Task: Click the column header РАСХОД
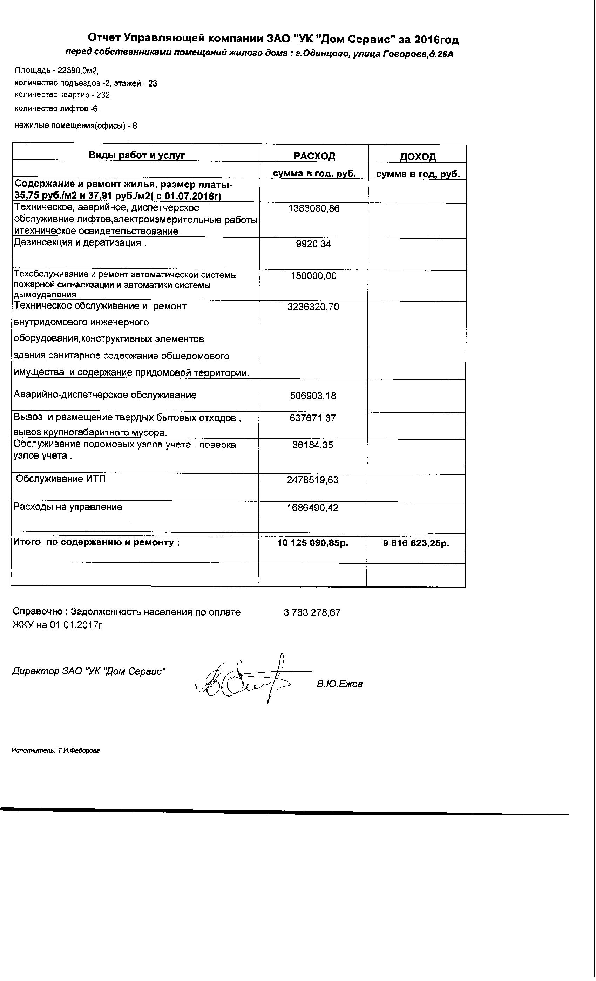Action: point(314,156)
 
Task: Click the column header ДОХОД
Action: point(418,157)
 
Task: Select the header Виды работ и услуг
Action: point(137,155)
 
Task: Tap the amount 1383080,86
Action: point(313,208)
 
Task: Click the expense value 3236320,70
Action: point(313,307)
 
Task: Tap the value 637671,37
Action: point(313,418)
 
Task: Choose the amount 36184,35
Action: point(313,445)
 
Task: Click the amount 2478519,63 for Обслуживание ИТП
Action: point(313,480)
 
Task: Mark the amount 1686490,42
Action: point(313,508)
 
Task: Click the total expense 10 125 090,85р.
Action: point(313,543)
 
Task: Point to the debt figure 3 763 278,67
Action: point(312,612)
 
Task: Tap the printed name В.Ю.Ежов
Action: point(340,684)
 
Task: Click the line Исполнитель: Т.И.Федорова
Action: point(55,750)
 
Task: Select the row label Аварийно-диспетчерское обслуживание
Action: point(105,395)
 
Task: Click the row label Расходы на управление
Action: point(68,507)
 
